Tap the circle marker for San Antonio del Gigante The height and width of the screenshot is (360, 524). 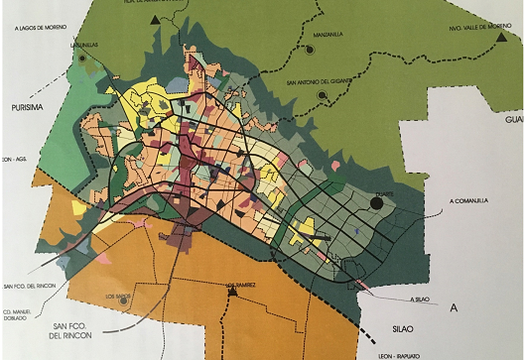click(322, 96)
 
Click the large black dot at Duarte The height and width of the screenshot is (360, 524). click(378, 204)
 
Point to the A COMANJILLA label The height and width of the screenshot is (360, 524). click(469, 200)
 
